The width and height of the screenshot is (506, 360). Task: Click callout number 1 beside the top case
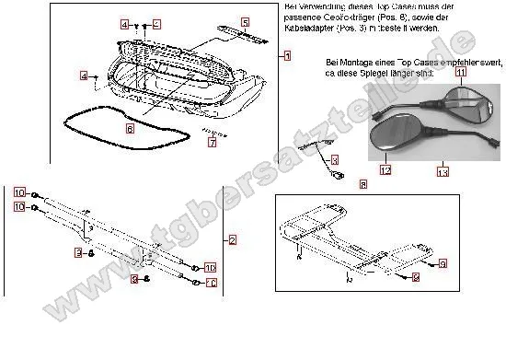click(287, 56)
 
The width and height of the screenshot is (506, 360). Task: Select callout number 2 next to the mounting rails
click(233, 239)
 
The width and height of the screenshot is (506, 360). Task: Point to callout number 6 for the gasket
click(130, 129)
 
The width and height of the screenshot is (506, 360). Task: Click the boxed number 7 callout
click(212, 143)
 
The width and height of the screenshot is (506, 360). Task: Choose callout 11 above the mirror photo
click(461, 71)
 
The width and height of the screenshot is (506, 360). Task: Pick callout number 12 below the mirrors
click(385, 170)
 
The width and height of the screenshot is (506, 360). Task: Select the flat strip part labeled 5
click(242, 34)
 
